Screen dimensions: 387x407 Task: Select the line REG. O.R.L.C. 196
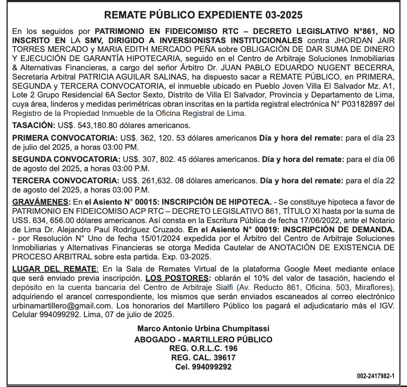tap(203, 349)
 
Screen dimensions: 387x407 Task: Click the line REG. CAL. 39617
tap(203, 358)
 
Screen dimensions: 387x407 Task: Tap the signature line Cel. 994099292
tap(203, 367)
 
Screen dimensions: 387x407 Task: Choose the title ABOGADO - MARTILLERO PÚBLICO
tap(203, 339)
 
